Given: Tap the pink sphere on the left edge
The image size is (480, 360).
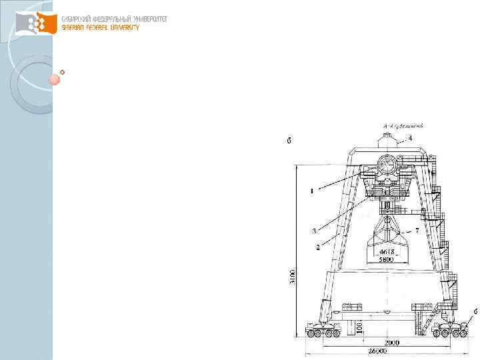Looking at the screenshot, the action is pos(55,79).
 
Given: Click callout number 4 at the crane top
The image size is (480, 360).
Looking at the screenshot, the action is pos(411,138).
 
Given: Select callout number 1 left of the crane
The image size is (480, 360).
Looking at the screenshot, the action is pos(311,191).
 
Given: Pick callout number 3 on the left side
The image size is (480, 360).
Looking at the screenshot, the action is pos(313,231).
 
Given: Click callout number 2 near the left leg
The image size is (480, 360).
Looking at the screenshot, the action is pos(317,247).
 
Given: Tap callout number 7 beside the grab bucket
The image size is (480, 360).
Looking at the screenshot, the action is pos(417,230).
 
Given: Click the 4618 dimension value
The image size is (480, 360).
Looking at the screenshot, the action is pos(386,252).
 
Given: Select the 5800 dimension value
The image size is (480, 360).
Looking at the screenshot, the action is pos(386,260).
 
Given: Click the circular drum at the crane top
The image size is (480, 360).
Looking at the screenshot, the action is pos(387,165).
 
